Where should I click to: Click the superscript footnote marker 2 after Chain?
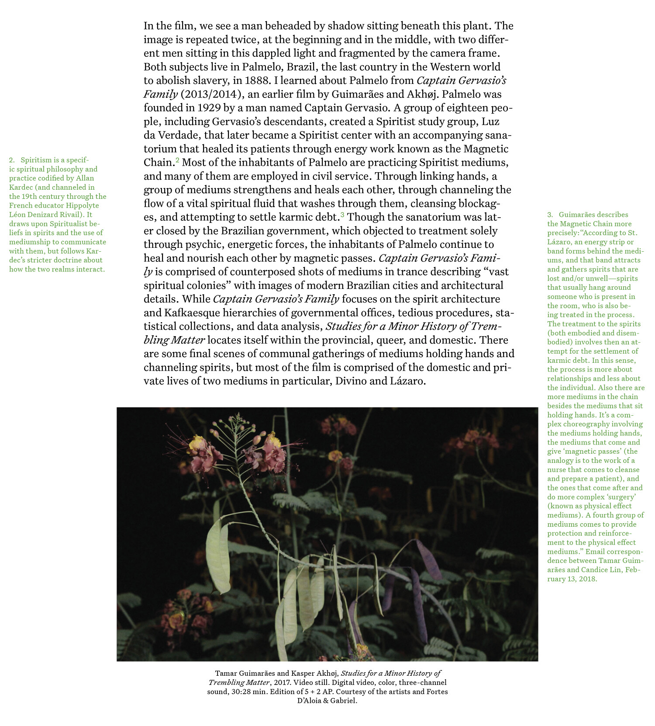pos(177,160)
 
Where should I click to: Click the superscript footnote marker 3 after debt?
pos(342,215)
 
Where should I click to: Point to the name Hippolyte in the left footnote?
pos(83,205)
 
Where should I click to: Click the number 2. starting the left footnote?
pos(12,160)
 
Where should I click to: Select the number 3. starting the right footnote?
pos(550,215)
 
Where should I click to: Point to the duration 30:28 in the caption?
pos(241,692)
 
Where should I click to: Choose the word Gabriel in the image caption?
pos(344,701)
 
